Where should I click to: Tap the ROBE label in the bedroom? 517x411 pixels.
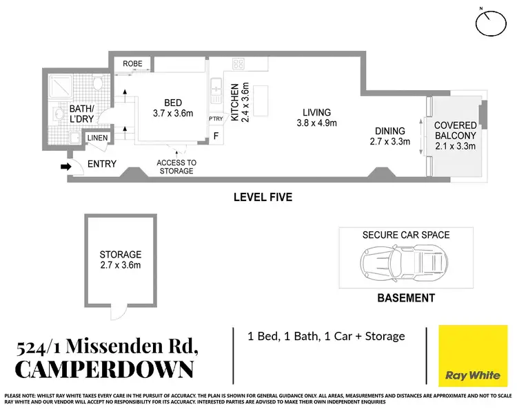pyautogui.click(x=132, y=63)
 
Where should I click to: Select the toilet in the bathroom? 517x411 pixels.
pyautogui.click(x=97, y=89)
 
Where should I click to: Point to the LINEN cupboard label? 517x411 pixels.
pyautogui.click(x=96, y=139)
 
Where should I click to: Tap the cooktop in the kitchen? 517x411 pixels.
pyautogui.click(x=239, y=63)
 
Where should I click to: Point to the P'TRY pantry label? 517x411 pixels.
pyautogui.click(x=216, y=118)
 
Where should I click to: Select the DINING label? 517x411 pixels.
pyautogui.click(x=389, y=131)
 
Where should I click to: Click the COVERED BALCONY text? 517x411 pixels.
pyautogui.click(x=456, y=130)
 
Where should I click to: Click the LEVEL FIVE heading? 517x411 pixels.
pyautogui.click(x=263, y=198)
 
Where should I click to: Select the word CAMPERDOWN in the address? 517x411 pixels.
pyautogui.click(x=104, y=369)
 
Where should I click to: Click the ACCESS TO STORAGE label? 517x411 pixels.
pyautogui.click(x=176, y=167)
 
